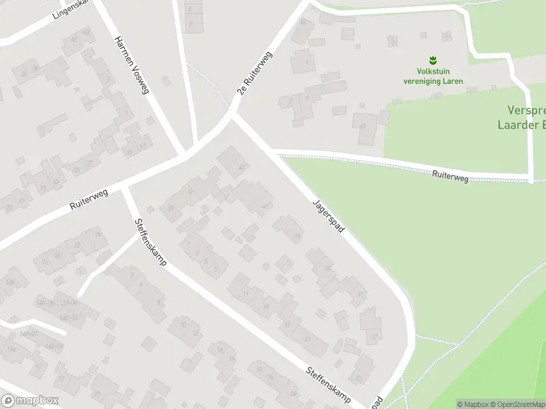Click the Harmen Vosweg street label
tap(131, 65)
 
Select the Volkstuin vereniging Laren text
tap(432, 76)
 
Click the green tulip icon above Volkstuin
tap(432, 60)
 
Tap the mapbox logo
tap(30, 401)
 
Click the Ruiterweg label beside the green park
tap(450, 177)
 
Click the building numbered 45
tap(363, 126)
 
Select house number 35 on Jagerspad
tap(328, 268)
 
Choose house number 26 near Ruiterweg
tap(98, 234)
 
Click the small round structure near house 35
tap(296, 279)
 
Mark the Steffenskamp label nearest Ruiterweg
tap(150, 242)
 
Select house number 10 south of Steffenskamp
tap(183, 324)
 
